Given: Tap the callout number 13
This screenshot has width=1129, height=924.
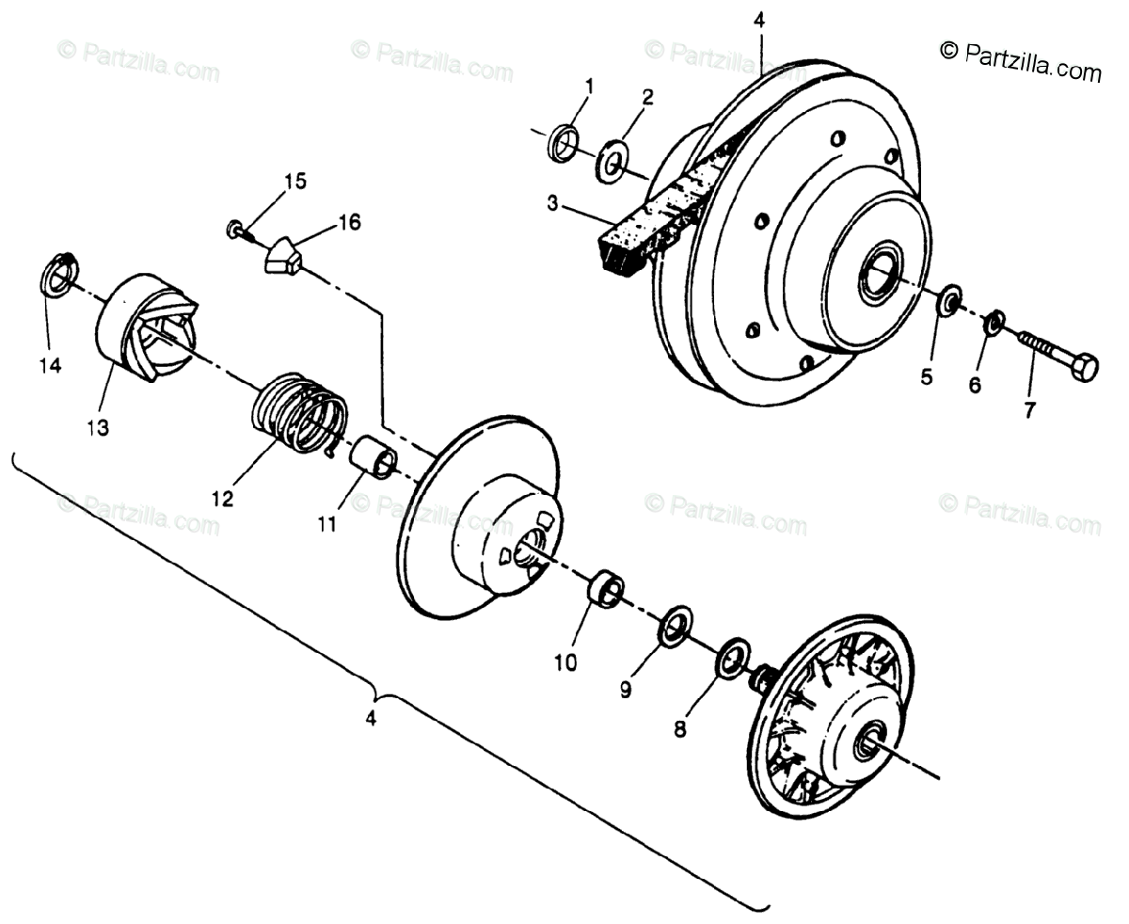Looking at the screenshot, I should (98, 427).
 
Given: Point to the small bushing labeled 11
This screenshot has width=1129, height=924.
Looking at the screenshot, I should (372, 456).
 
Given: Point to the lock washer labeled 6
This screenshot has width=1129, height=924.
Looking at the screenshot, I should (993, 324).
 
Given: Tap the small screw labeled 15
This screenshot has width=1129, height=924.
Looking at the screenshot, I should (236, 230).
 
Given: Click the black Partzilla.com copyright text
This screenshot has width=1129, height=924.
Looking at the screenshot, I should (1020, 62).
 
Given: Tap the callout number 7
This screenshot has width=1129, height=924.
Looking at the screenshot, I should (1029, 410).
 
